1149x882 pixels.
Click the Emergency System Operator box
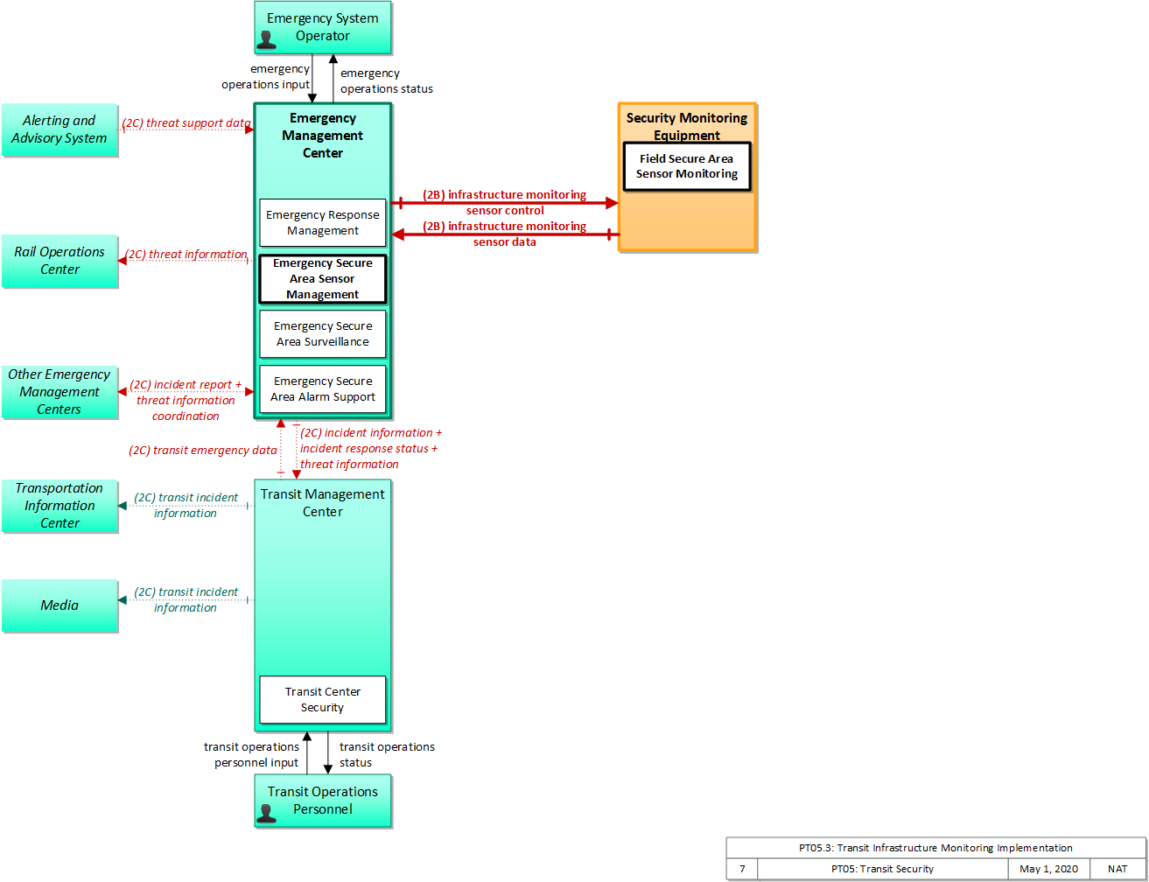coord(323,27)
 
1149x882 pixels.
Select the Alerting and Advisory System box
coord(60,129)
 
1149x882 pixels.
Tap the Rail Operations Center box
coord(60,261)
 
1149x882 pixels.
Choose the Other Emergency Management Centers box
coord(60,392)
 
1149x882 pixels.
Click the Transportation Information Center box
coord(60,505)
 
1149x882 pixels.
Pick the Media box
coord(60,605)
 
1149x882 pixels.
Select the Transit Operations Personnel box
coord(323,800)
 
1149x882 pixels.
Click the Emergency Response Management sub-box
coord(323,222)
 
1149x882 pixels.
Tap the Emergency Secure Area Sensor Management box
coord(323,278)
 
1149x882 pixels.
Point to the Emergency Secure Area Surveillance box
coord(323,334)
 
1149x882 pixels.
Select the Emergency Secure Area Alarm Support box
coord(323,389)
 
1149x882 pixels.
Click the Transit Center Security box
coord(323,699)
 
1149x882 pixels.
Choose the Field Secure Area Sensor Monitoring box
coord(686,166)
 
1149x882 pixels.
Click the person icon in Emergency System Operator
coord(266,39)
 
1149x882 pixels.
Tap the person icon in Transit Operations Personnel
coord(266,813)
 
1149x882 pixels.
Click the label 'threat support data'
coord(198,122)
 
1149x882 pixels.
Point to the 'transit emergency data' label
coord(202,450)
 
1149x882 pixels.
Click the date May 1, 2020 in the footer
coord(1048,869)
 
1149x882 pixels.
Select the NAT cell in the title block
coord(1117,869)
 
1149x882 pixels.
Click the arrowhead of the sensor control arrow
coord(612,202)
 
